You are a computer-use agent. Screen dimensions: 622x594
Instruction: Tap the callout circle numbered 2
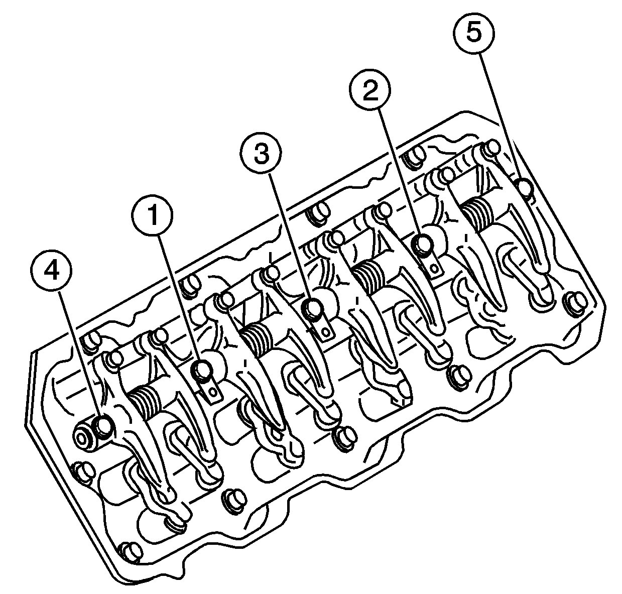370,90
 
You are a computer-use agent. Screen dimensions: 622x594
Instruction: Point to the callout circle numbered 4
51,271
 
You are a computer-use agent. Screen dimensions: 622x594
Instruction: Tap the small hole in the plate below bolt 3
326,332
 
